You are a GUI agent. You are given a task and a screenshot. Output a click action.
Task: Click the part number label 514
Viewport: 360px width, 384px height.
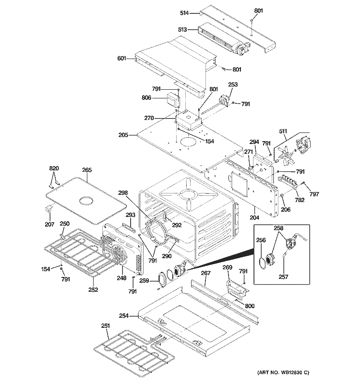point(189,13)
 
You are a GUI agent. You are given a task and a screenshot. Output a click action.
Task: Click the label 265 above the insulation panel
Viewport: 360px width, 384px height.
point(86,170)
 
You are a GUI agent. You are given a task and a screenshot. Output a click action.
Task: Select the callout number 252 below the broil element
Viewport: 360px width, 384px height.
point(93,289)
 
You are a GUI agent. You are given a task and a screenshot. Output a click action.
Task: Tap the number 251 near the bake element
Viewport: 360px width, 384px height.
point(105,326)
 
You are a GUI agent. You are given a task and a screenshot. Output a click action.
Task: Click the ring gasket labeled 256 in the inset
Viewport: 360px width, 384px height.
point(261,262)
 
